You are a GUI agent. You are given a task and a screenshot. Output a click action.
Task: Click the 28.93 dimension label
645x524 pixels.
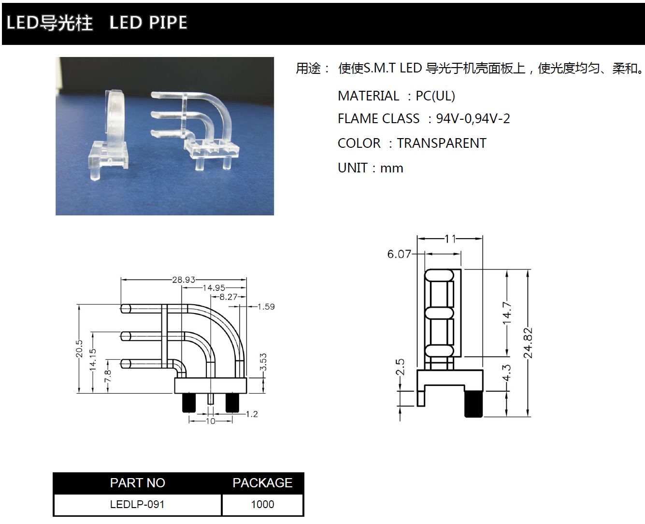click(x=184, y=280)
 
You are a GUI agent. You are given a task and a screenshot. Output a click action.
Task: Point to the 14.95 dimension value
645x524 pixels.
click(x=214, y=288)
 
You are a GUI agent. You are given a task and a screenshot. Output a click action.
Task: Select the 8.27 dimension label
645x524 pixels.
click(x=229, y=297)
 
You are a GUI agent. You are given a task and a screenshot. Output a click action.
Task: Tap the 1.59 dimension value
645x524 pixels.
click(x=266, y=307)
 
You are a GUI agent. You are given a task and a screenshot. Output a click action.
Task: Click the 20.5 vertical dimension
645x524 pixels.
click(x=79, y=349)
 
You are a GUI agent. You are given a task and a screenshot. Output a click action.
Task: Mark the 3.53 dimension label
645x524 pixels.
click(x=263, y=362)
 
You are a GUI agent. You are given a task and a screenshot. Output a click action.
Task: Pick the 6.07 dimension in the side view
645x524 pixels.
click(x=399, y=254)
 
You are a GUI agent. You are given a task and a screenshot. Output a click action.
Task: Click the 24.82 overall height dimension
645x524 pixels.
click(x=528, y=343)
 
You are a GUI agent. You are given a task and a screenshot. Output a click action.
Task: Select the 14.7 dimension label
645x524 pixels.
click(x=506, y=313)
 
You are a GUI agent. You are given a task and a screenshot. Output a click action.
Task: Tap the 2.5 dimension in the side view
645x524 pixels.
click(x=400, y=367)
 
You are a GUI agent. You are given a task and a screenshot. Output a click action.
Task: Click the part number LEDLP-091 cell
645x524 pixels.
click(x=137, y=505)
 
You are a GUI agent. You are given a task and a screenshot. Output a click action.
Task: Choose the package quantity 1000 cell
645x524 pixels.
click(x=262, y=505)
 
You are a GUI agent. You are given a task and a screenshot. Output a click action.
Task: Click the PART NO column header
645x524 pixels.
click(x=137, y=483)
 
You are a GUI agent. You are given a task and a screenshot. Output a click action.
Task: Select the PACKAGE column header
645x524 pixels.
click(x=262, y=483)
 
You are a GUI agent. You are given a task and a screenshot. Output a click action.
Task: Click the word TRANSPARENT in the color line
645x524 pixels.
click(x=442, y=143)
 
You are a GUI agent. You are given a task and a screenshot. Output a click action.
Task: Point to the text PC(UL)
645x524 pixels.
click(x=435, y=96)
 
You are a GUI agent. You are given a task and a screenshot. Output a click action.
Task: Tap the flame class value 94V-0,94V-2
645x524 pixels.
click(x=473, y=119)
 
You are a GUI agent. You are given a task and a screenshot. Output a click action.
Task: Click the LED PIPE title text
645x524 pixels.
click(x=148, y=23)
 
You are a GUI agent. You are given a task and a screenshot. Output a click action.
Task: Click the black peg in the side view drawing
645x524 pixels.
click(x=473, y=403)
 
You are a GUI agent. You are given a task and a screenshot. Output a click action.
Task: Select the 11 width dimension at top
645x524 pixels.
click(x=450, y=239)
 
